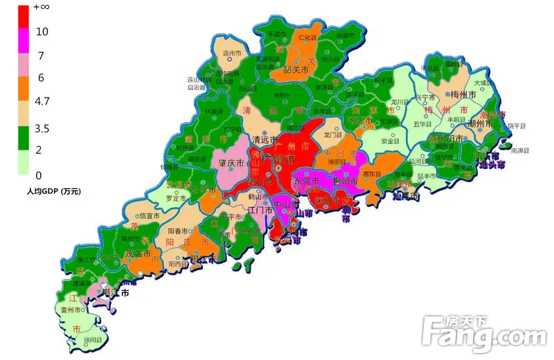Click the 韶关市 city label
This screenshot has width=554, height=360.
[x=298, y=69]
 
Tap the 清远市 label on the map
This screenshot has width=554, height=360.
[x=264, y=138]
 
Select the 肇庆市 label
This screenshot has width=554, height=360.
[x=231, y=163]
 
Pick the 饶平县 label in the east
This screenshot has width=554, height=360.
[x=517, y=126]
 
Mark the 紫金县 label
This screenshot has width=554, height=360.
[x=392, y=141]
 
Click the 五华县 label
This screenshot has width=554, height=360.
[x=422, y=124]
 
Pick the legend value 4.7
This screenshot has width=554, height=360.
[x=42, y=102]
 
